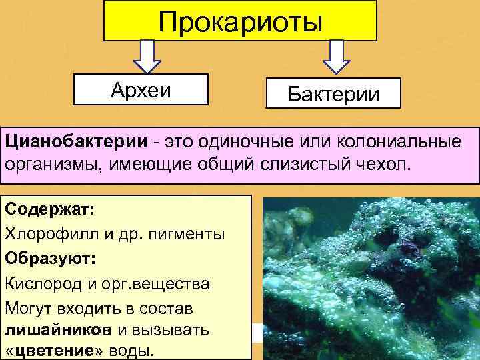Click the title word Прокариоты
pyautogui.click(x=240, y=21)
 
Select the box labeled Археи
pyautogui.click(x=141, y=89)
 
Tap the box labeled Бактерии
pyautogui.click(x=333, y=93)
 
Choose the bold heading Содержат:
pyautogui.click(x=51, y=209)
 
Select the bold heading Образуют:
pyautogui.click(x=51, y=259)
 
